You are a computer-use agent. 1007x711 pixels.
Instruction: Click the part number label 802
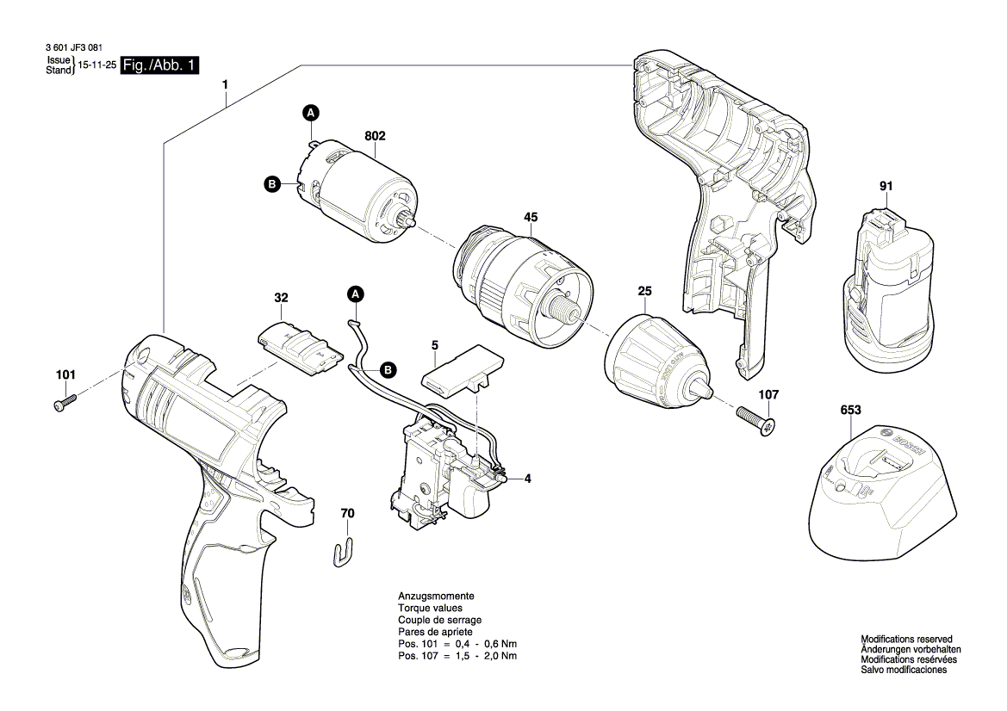click(375, 136)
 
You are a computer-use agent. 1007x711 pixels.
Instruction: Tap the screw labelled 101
click(64, 402)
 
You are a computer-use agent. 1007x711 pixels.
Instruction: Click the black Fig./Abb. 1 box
click(160, 65)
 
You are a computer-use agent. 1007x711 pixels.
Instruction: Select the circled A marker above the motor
click(310, 114)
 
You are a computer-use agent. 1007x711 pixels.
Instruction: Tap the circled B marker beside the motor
click(271, 185)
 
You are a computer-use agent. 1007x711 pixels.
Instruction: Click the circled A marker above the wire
click(355, 294)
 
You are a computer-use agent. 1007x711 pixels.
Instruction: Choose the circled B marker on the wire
click(388, 370)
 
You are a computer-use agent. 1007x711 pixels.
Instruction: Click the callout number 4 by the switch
click(527, 479)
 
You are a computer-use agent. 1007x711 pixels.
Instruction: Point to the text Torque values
click(431, 608)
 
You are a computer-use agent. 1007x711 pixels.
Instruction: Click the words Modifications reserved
click(907, 640)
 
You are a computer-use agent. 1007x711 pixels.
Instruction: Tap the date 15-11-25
click(97, 65)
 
